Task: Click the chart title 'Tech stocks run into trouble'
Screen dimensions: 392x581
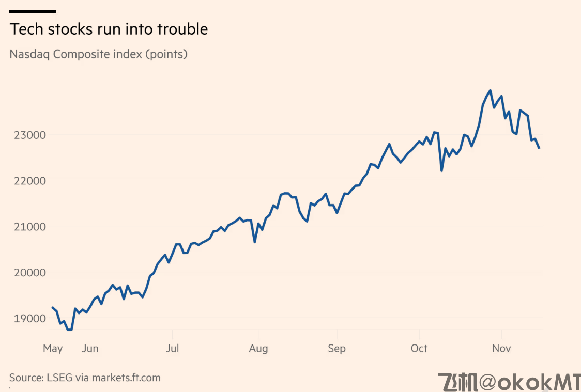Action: [x=109, y=29]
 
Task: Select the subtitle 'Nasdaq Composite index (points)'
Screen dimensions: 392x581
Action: [x=98, y=54]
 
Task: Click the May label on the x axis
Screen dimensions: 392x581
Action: [x=53, y=349]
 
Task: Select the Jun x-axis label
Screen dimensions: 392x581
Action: [x=90, y=349]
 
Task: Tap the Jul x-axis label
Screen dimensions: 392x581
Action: [x=172, y=349]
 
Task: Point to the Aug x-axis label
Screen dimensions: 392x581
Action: [x=258, y=349]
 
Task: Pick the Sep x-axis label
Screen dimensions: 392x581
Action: [x=337, y=349]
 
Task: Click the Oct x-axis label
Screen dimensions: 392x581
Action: [x=419, y=349]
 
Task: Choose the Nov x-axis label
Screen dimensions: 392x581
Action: [x=501, y=349]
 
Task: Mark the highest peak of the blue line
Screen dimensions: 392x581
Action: [x=490, y=90]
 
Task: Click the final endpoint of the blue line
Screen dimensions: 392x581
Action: [x=539, y=148]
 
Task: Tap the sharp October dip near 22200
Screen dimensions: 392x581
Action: [x=441, y=170]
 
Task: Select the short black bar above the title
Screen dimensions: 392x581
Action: [x=33, y=11]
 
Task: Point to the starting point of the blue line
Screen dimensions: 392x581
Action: [x=53, y=307]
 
